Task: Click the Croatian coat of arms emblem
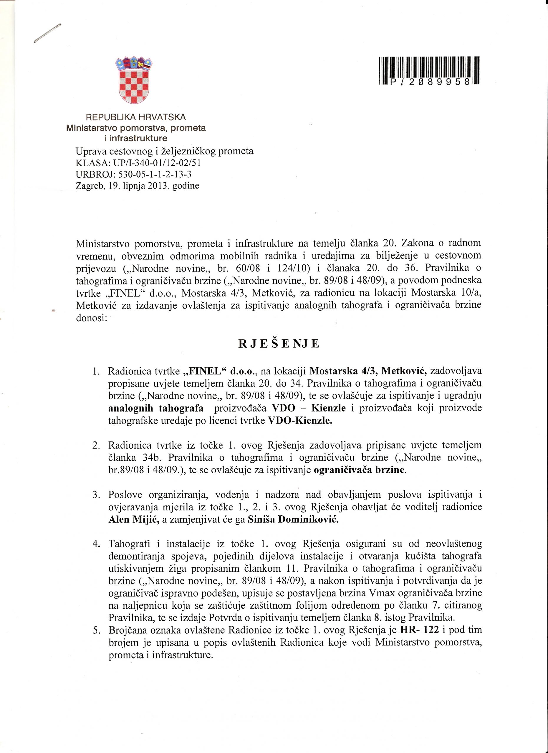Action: click(134, 80)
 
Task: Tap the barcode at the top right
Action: click(429, 71)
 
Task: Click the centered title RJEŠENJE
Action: click(279, 344)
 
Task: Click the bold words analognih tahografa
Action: click(156, 408)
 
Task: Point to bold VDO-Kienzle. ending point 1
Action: click(300, 421)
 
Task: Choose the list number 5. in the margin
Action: click(96, 630)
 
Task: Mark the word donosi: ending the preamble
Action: click(91, 318)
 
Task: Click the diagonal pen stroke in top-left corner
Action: click(47, 34)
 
